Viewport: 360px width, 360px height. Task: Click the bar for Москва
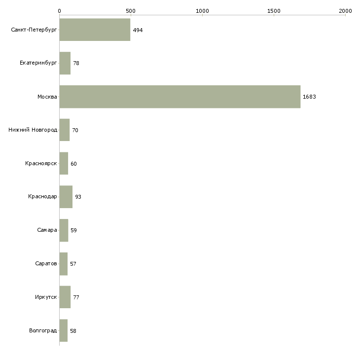pos(180,97)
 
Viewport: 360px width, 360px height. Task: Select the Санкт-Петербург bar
pos(95,30)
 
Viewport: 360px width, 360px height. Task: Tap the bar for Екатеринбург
pos(65,63)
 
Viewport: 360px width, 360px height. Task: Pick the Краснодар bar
pos(66,197)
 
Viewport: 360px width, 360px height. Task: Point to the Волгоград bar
pos(63,330)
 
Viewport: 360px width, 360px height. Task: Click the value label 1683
pos(309,97)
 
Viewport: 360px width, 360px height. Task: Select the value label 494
pos(138,30)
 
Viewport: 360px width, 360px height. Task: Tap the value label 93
pos(78,197)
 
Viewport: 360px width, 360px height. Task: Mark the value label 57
pos(73,264)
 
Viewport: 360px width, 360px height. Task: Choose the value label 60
pos(73,164)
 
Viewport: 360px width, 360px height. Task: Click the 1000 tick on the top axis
pos(202,11)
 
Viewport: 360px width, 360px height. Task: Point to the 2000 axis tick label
pos(345,11)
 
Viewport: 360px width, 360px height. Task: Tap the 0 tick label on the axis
pos(60,11)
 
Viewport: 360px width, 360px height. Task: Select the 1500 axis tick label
pos(274,11)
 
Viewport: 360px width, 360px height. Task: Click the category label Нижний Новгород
pos(33,130)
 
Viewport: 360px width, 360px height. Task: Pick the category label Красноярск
pos(41,163)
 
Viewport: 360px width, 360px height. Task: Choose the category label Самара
pos(47,230)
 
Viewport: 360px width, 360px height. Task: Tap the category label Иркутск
pos(46,297)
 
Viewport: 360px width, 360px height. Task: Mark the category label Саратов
pos(46,263)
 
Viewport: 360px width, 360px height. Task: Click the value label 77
pos(76,297)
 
